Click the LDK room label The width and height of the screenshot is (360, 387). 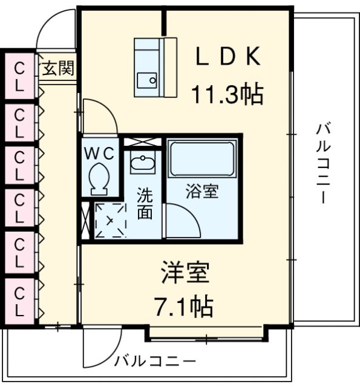coord(227,57)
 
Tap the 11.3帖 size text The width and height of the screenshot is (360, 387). coord(227,94)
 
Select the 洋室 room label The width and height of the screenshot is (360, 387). coord(185,274)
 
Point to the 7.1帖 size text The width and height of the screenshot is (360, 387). coord(185,307)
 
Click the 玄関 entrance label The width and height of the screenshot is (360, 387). coord(58,68)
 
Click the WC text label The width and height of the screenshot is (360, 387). coord(99,153)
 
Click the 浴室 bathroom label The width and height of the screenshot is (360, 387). coord(201,193)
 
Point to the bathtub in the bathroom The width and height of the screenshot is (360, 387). coord(201,159)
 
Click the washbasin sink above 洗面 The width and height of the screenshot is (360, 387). coord(143,163)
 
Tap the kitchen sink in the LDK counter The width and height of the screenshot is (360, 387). coord(146,80)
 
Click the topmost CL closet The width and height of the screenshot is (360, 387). coord(19,76)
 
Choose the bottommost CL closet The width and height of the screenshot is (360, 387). coord(19,302)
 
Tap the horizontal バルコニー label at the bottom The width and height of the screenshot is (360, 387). coord(155,361)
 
